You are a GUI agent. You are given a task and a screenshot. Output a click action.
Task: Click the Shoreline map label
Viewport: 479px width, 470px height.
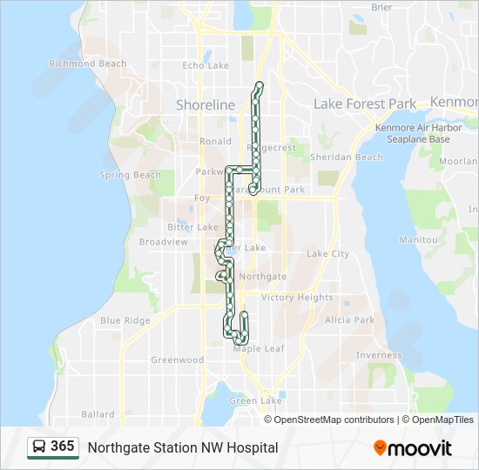(206, 104)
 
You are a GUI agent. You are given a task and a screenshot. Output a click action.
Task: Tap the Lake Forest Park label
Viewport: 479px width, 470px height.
(365, 104)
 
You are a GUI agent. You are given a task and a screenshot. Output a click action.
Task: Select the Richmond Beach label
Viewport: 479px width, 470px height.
(88, 64)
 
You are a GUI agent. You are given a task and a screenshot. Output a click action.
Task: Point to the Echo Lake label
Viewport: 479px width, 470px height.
(206, 65)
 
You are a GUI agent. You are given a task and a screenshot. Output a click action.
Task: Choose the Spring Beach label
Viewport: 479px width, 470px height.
(130, 175)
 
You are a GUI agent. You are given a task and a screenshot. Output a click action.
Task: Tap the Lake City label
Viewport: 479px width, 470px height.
(327, 254)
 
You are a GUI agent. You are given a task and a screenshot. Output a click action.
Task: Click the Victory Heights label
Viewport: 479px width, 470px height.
(297, 298)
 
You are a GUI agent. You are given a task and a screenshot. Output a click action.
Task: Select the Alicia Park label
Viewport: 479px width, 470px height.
(349, 320)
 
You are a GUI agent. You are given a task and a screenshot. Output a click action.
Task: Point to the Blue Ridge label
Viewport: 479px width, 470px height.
(125, 320)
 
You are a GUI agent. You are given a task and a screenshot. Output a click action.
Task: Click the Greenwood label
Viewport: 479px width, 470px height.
(177, 359)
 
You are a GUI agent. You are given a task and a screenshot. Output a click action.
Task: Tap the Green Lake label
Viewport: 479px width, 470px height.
(255, 401)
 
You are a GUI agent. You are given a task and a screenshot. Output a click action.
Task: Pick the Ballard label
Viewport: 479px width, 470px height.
(98, 414)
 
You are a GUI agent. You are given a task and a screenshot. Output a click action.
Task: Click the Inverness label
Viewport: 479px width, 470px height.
(378, 355)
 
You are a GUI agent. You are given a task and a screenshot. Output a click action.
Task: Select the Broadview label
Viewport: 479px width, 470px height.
(163, 242)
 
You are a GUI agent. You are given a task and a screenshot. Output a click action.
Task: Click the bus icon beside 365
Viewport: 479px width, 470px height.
(39, 446)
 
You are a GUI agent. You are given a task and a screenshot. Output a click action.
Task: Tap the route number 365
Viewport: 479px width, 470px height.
(62, 446)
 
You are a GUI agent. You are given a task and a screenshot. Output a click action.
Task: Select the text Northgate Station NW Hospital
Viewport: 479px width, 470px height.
(182, 447)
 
